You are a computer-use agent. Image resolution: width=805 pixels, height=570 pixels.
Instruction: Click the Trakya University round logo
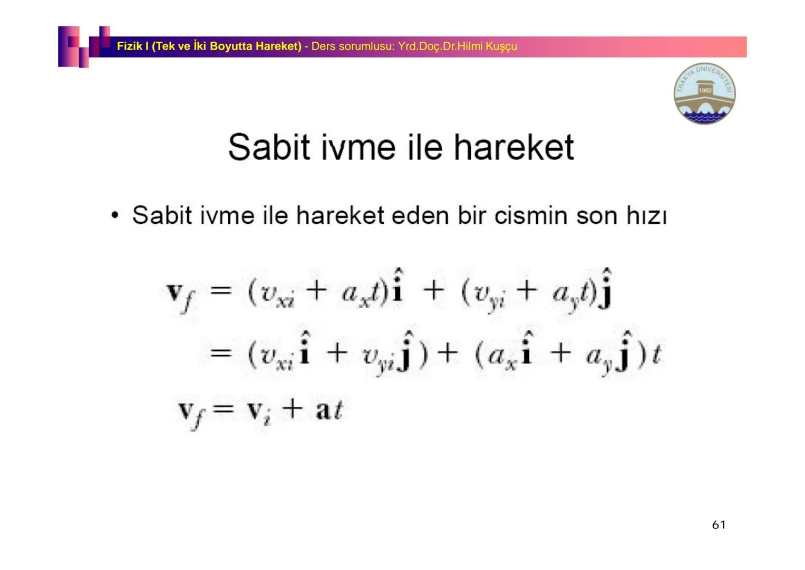pos(704,93)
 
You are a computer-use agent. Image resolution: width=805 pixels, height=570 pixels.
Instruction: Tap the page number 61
pos(719,525)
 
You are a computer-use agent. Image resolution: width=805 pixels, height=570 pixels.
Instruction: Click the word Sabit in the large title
pos(268,147)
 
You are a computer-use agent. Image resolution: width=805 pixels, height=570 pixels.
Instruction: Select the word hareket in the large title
pos(513,147)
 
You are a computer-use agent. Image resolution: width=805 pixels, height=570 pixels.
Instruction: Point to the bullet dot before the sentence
pos(114,216)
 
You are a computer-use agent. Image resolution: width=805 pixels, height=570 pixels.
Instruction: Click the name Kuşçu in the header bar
pos(501,46)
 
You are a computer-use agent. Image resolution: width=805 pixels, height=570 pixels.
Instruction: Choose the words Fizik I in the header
pos(133,46)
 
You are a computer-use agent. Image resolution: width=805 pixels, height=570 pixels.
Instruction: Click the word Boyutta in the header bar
pos(231,46)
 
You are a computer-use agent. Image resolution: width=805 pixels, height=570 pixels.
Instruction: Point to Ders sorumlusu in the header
pos(353,46)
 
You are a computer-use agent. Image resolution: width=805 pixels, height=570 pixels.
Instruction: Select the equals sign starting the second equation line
pos(220,353)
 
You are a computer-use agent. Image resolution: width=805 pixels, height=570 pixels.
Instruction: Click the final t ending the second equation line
pos(656,354)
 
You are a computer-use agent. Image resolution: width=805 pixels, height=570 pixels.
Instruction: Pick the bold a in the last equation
pos(323,411)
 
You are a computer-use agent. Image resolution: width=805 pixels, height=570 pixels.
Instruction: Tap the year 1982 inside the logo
pos(705,90)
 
